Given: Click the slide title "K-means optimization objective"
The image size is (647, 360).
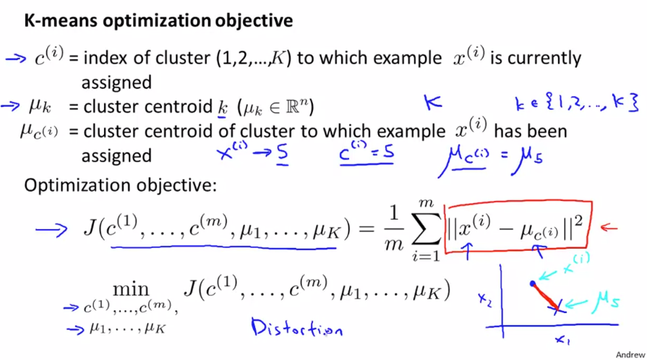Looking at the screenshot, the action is click(158, 20).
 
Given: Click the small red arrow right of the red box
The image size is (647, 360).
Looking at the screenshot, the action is click(610, 230).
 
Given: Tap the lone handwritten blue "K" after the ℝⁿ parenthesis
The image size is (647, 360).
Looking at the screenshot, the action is click(432, 103).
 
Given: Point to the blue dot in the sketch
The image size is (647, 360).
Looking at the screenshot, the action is click(533, 283).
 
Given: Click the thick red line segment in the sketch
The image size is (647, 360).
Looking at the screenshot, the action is click(545, 296).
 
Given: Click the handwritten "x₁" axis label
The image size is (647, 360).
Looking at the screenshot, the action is click(561, 339).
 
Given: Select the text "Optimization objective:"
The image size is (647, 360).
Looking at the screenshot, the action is click(121, 186).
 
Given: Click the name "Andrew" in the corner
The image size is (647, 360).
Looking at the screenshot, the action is click(630, 354).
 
